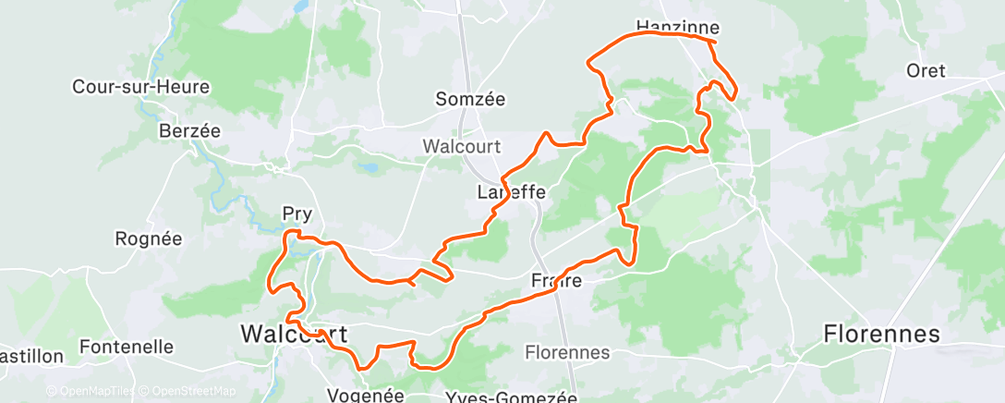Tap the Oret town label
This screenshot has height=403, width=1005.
(926, 70)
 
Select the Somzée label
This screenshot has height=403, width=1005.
(472, 98)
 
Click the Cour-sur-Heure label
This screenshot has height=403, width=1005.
(141, 88)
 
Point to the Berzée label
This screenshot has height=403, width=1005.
(189, 130)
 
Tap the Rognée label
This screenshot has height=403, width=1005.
(148, 238)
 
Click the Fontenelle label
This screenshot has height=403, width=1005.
(127, 347)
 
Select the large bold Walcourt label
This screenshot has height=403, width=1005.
(294, 334)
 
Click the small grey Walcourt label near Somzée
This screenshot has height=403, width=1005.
(461, 146)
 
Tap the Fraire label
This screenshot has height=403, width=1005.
(557, 280)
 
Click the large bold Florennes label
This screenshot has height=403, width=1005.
(881, 334)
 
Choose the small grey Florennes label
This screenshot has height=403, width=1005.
(567, 352)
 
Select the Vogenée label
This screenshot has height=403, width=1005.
(366, 395)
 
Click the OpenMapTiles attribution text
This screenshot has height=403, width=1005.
(92, 391)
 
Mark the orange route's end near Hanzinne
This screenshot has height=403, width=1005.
(716, 42)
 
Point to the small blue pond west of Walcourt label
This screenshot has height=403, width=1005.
(369, 169)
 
